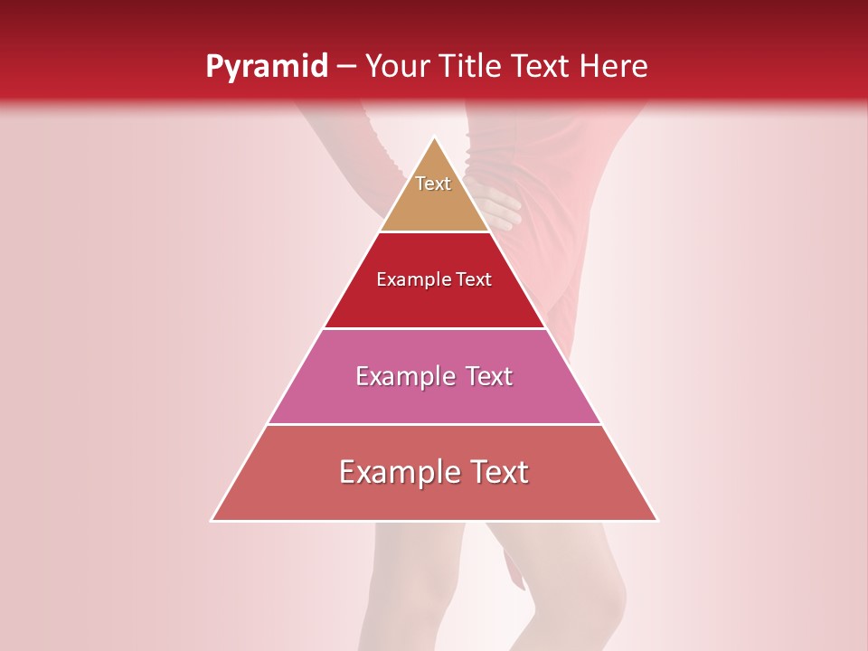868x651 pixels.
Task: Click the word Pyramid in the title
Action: coord(267,67)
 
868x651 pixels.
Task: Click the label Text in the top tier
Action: coord(433,184)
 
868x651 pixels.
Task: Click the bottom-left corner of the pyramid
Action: coord(212,520)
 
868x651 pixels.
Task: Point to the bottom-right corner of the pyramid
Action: coord(656,520)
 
